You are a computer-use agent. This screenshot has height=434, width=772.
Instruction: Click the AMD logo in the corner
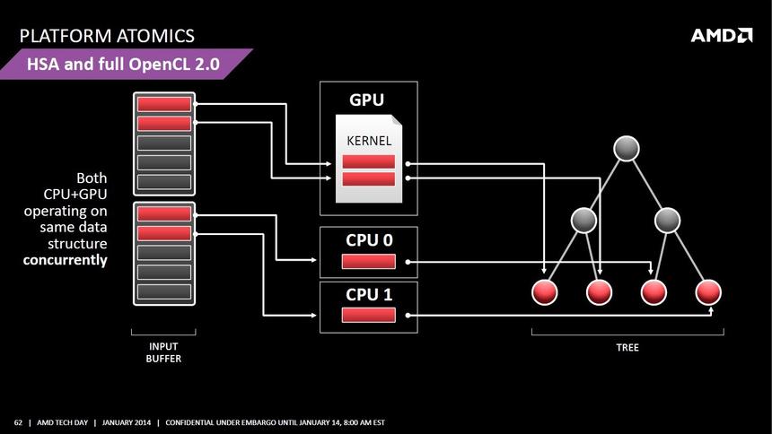tap(721, 35)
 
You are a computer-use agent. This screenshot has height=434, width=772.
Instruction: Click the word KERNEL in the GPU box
tap(369, 141)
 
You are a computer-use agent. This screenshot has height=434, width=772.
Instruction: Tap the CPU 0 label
tap(369, 239)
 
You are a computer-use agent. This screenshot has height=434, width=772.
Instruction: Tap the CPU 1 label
tap(369, 293)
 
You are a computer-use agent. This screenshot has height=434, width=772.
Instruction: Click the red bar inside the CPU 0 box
tap(368, 262)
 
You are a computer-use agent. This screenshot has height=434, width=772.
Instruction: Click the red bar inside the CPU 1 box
tap(368, 315)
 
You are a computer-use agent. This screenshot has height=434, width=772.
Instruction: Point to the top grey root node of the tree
tap(627, 148)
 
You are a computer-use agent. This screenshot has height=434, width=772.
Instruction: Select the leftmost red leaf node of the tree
tap(545, 292)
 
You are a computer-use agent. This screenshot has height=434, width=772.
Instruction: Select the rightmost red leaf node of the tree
tap(708, 292)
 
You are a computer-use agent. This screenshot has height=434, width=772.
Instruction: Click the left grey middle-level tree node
tap(584, 220)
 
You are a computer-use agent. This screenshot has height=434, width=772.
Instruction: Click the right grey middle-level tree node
tap(667, 220)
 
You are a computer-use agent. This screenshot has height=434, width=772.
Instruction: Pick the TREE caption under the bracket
tap(627, 347)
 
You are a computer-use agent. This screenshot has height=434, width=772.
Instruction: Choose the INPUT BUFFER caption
tap(163, 352)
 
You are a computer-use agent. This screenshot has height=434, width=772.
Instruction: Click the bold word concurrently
tap(65, 260)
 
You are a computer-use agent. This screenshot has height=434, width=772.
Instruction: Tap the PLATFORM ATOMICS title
tap(107, 36)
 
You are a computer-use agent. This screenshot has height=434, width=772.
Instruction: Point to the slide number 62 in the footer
tap(18, 422)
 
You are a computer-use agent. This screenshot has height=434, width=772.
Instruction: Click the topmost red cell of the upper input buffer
tap(164, 104)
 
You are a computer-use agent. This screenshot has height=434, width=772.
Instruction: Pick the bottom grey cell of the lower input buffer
tap(164, 291)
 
